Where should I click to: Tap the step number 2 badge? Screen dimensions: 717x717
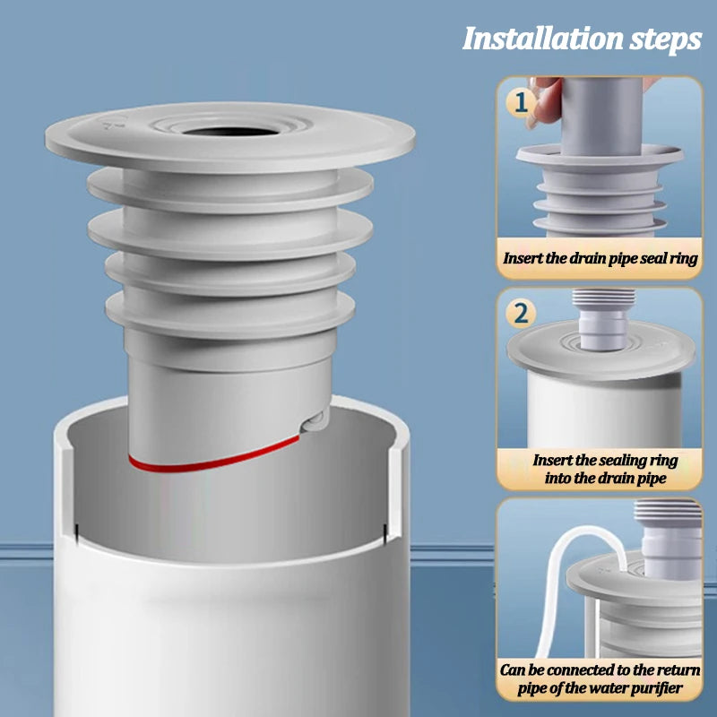522,314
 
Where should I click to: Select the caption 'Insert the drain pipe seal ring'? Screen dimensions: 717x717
600,257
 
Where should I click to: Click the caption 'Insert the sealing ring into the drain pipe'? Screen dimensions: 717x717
600,468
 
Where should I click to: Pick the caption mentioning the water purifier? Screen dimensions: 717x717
600,678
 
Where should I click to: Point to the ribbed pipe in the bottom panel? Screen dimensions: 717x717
663,538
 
